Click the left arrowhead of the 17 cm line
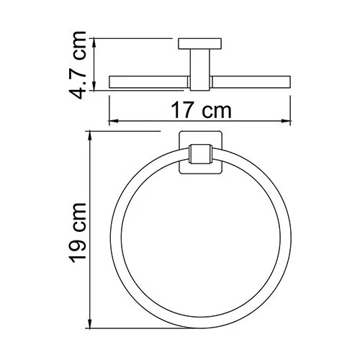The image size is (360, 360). tap(112, 122)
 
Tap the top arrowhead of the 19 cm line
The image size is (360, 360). tap(89, 135)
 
